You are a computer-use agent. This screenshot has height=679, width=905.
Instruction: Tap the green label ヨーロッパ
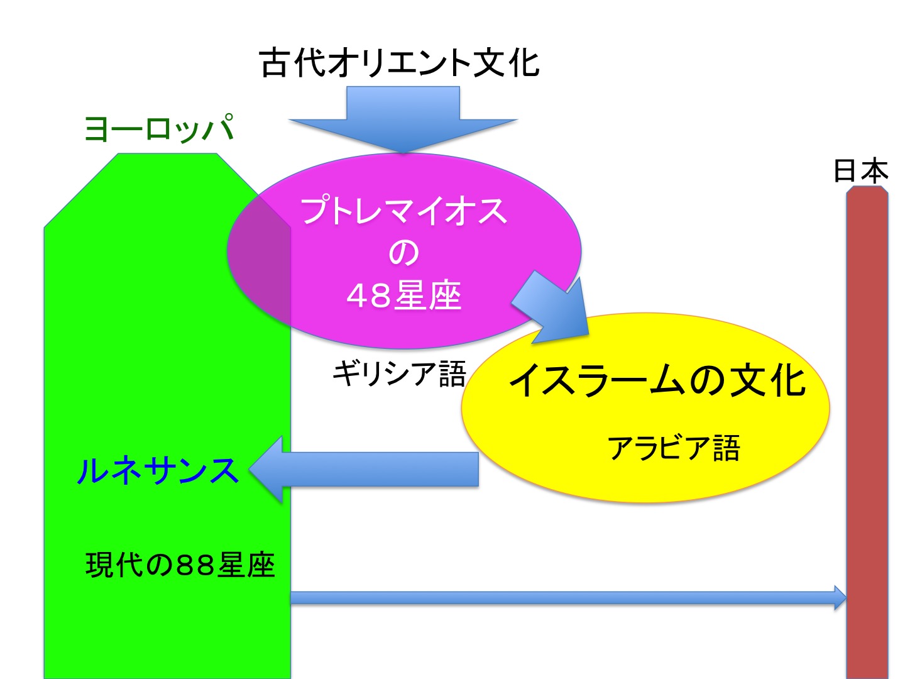click(x=159, y=128)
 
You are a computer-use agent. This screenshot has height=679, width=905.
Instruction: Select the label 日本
click(x=860, y=170)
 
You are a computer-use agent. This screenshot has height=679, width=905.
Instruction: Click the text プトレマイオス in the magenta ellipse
click(x=403, y=211)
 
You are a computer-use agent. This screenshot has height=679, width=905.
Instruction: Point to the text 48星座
click(x=403, y=295)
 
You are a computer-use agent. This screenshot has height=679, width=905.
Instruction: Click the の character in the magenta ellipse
click(x=403, y=253)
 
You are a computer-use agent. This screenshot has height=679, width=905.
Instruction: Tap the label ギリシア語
click(x=399, y=373)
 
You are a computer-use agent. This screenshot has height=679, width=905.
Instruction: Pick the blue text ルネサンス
click(x=158, y=470)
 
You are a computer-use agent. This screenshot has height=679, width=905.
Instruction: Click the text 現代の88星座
click(x=180, y=565)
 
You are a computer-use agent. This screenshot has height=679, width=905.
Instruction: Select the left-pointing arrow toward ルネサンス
click(x=364, y=469)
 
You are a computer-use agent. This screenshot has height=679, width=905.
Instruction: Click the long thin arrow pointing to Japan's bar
click(x=569, y=598)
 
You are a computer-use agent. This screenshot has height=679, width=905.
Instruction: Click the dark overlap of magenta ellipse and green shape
click(x=264, y=256)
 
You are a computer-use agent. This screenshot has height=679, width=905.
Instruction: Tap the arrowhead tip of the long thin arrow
click(x=846, y=598)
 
